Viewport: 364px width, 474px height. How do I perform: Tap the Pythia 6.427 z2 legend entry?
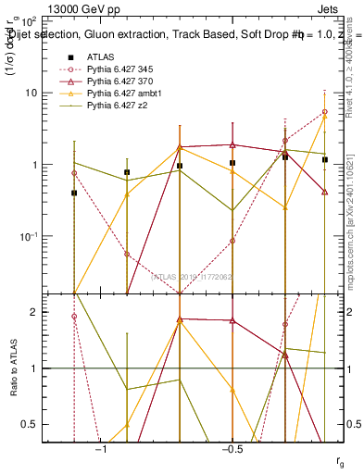click(116, 108)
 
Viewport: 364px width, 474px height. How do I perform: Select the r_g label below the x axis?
click(339, 461)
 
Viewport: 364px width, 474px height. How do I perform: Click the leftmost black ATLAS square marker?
click(74, 193)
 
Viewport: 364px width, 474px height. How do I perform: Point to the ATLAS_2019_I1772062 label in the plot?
click(192, 276)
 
